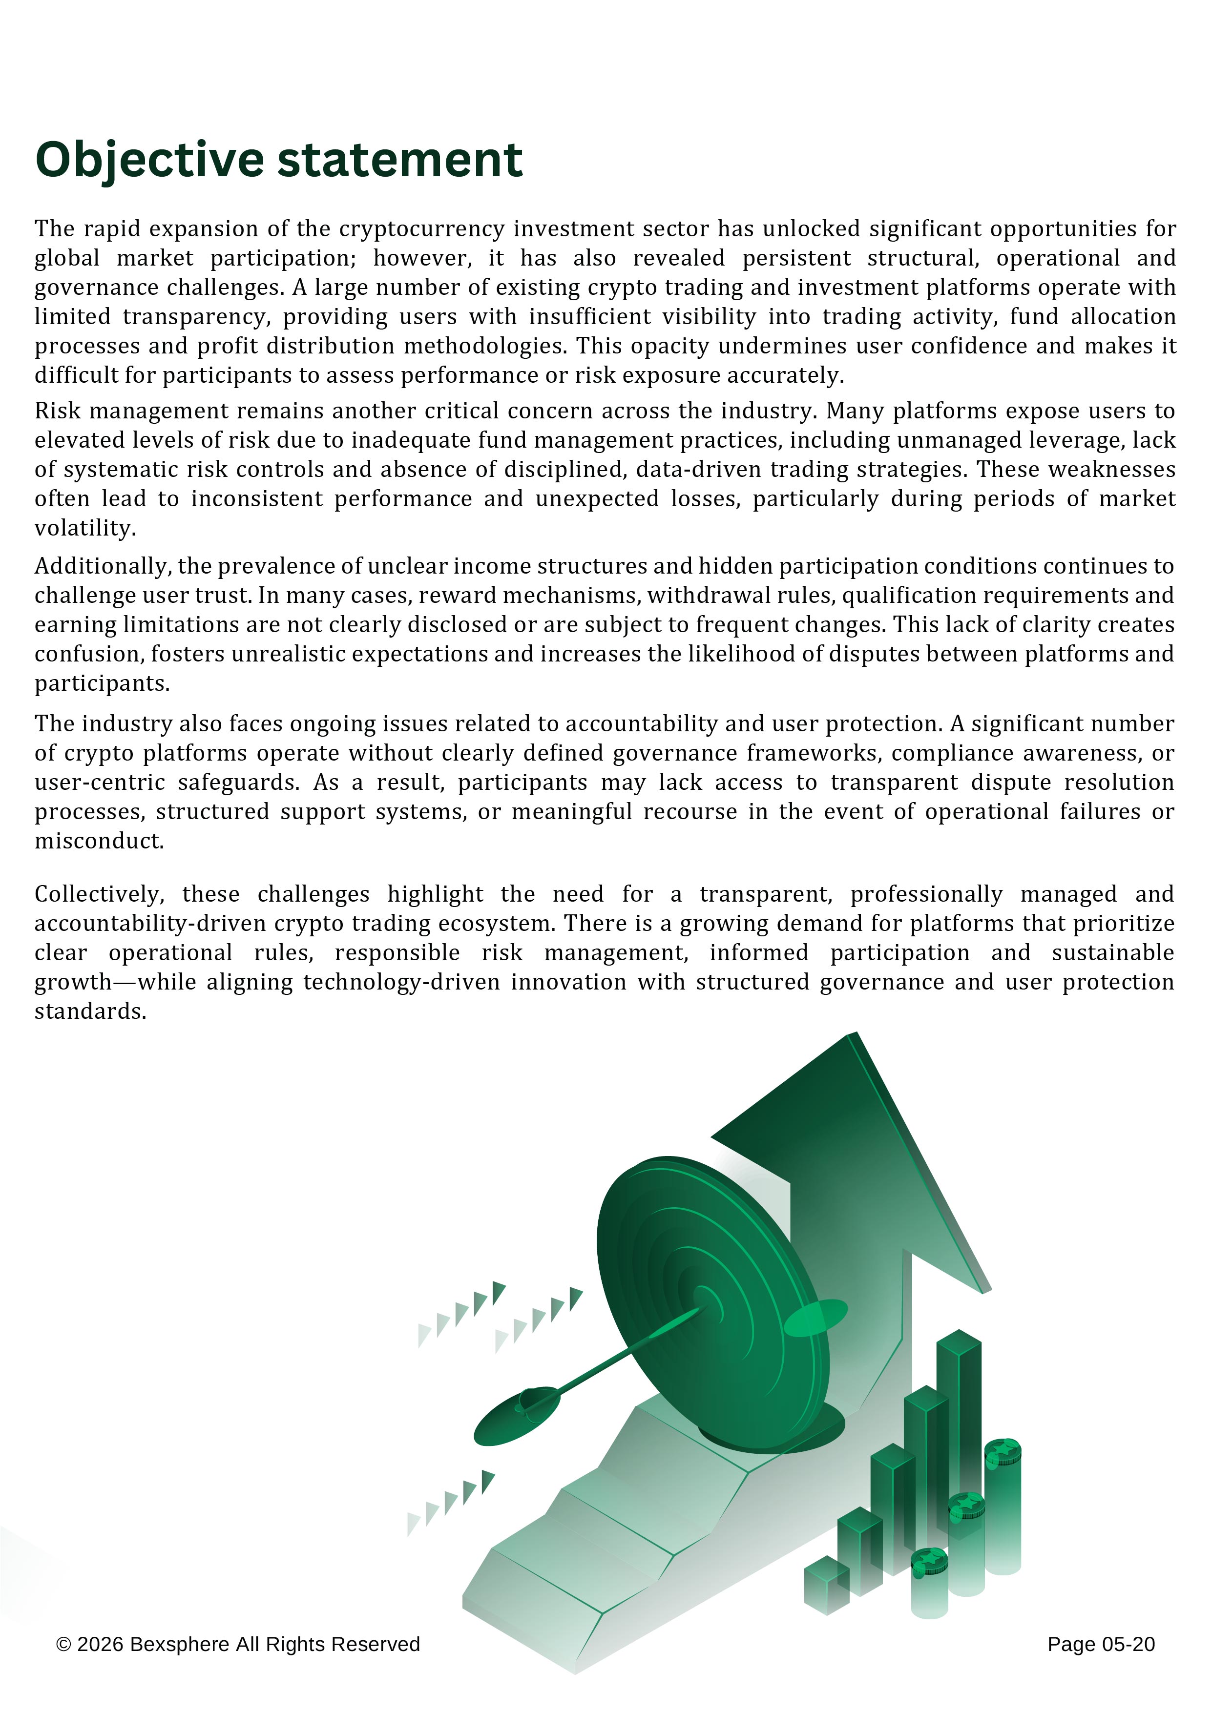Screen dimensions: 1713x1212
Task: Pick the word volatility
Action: click(x=85, y=528)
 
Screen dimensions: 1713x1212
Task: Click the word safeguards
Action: click(x=238, y=783)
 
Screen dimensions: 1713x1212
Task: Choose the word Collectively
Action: click(x=99, y=894)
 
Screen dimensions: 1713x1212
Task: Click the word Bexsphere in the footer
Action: click(x=179, y=1644)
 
